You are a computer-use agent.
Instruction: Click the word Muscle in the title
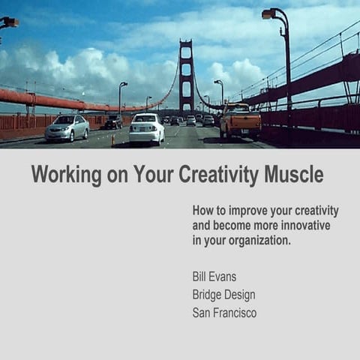tap(294, 175)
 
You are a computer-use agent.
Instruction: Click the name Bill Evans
tap(214, 277)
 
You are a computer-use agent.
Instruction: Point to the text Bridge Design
tap(223, 295)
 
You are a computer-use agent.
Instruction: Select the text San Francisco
tap(224, 313)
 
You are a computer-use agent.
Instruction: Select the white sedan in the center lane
tap(146, 128)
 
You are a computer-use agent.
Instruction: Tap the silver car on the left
tap(67, 127)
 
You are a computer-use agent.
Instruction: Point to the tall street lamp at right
tap(286, 67)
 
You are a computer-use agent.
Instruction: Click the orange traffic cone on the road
tap(113, 139)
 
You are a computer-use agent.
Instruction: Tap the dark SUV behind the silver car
tap(113, 121)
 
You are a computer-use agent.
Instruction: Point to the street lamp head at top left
tap(9, 22)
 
